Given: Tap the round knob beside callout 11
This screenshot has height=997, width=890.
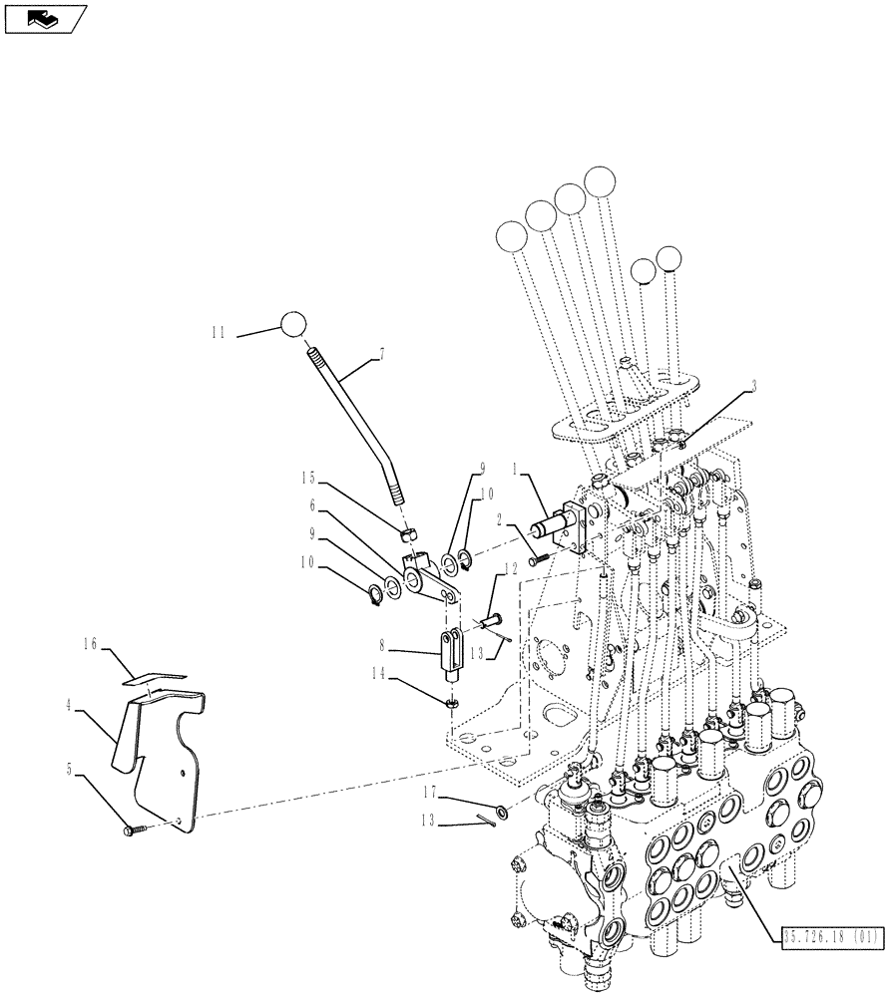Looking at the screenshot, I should tap(292, 325).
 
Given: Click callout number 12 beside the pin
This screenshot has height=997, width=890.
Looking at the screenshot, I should tap(511, 567).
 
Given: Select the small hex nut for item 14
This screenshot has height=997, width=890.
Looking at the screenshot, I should tap(451, 705).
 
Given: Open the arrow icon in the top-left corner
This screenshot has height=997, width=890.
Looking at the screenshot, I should tap(45, 18).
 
